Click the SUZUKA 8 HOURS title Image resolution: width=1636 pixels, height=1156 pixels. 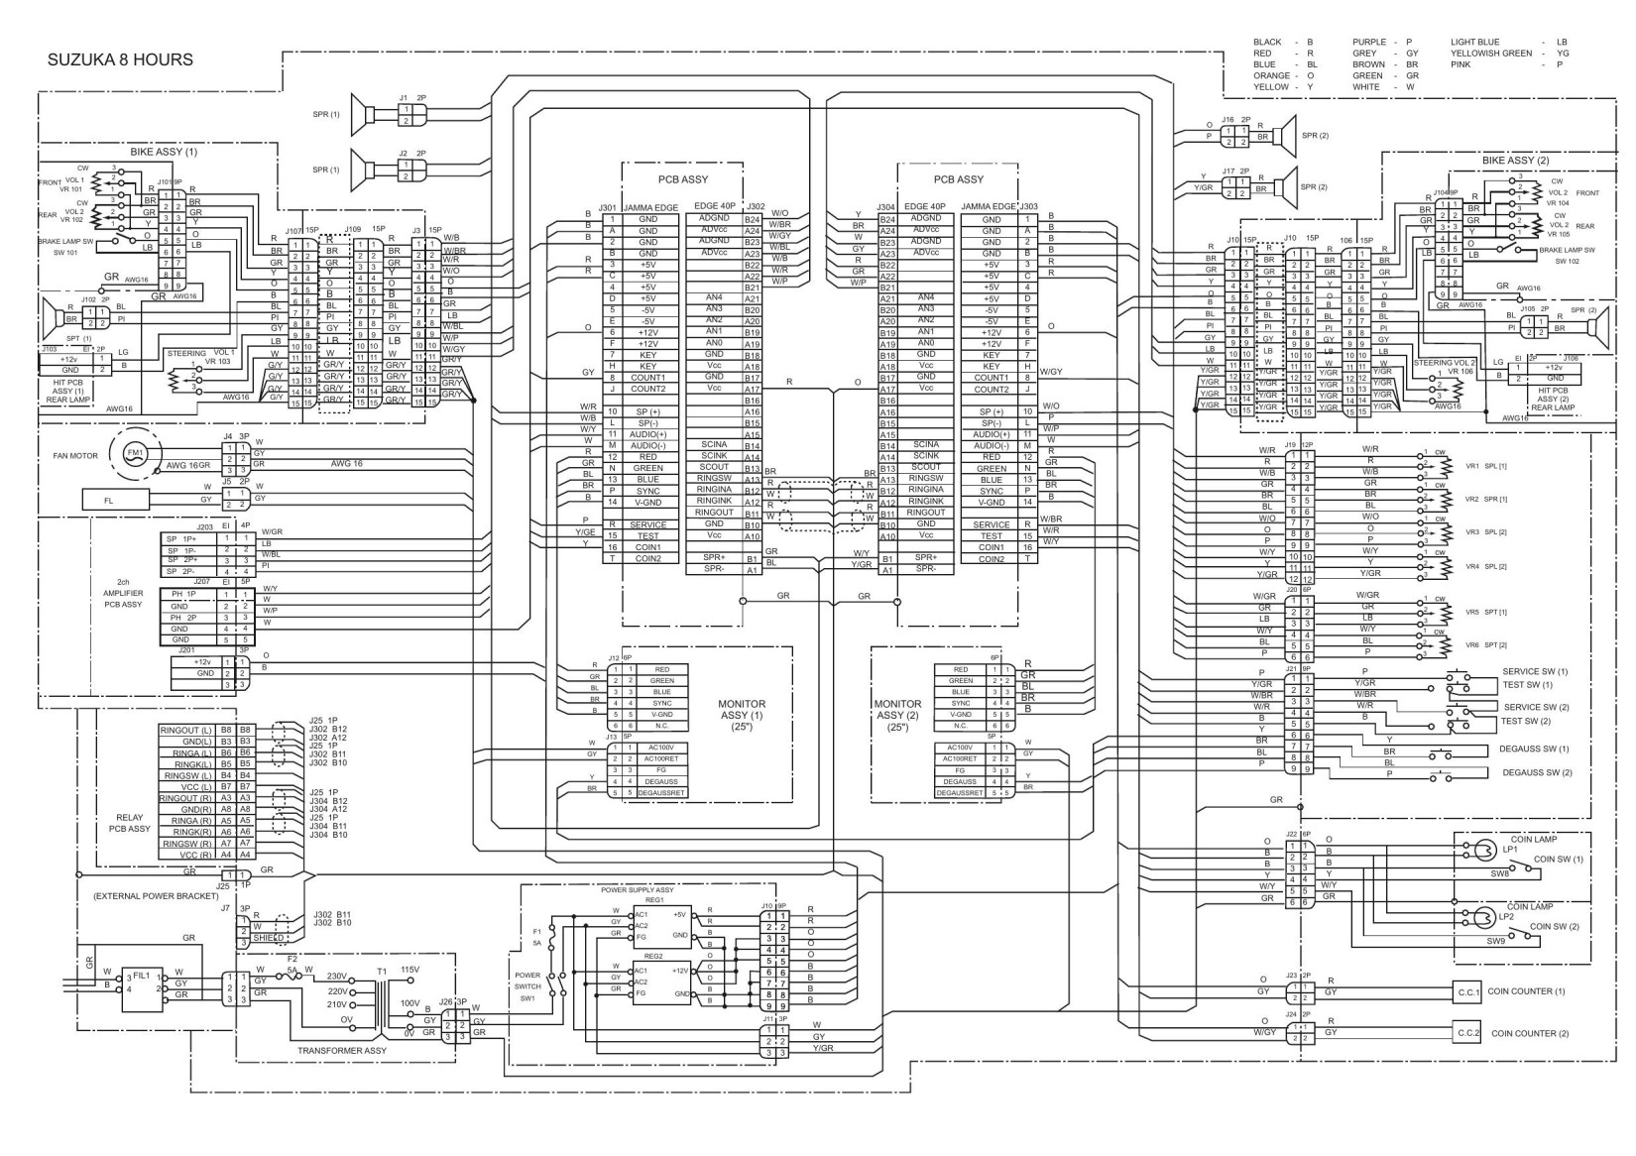[x=120, y=59]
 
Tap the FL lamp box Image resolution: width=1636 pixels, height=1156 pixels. [x=109, y=501]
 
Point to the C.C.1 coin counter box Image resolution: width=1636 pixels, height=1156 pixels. [x=1468, y=991]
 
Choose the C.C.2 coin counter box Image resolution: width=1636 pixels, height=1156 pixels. [x=1468, y=1033]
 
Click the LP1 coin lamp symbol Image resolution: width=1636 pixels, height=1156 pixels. [x=1485, y=851]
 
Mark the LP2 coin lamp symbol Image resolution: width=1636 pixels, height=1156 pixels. [x=1485, y=917]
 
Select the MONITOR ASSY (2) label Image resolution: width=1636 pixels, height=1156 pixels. [x=899, y=715]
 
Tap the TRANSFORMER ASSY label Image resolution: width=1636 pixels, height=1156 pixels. [x=342, y=1050]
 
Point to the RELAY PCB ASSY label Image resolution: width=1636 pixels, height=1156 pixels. [x=130, y=823]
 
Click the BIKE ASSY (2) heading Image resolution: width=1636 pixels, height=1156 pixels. [x=1515, y=160]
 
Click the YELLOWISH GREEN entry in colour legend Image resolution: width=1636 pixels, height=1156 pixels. [x=1491, y=54]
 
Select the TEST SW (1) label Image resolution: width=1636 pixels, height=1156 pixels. [x=1528, y=685]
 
